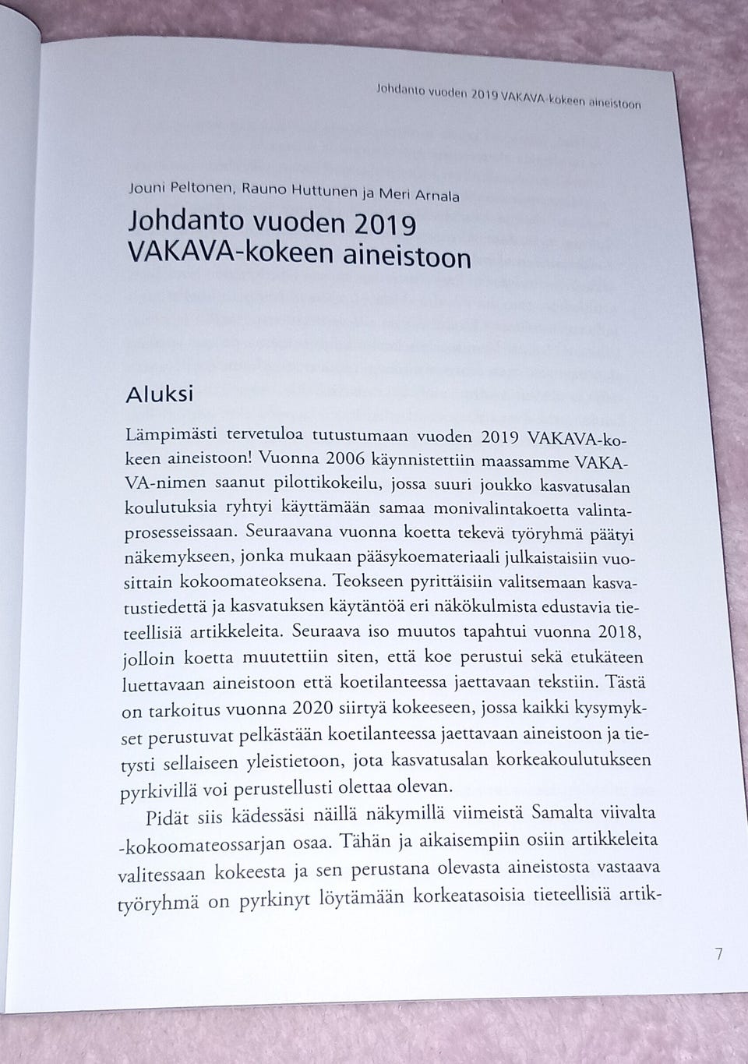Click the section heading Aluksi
pos(159,394)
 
